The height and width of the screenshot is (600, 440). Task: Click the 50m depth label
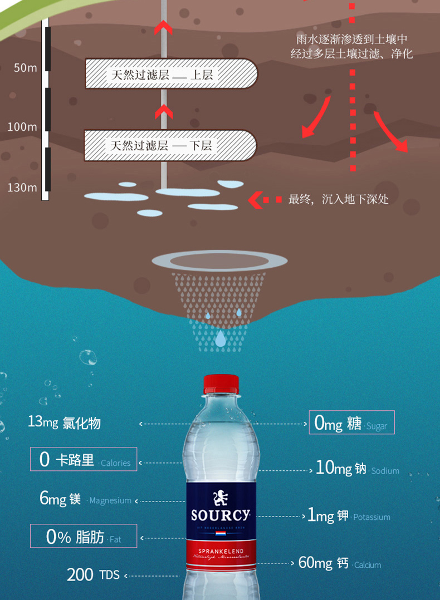tap(25, 68)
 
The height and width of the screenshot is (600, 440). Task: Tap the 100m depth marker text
tap(22, 127)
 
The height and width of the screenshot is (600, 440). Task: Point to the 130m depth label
tap(22, 188)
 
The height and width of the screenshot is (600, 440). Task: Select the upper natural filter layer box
tap(170, 74)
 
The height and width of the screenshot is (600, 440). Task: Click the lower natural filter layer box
tap(170, 145)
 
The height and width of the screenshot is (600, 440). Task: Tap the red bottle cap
tap(221, 384)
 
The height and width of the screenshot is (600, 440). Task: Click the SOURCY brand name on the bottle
tap(221, 514)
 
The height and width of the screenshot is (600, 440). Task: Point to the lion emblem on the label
tap(221, 496)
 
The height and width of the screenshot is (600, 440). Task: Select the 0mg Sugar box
tap(351, 423)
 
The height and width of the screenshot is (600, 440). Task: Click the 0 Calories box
tap(84, 460)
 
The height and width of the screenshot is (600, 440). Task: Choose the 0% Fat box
tap(84, 537)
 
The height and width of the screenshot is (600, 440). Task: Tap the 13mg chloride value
tap(43, 422)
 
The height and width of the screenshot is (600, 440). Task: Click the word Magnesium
tap(110, 500)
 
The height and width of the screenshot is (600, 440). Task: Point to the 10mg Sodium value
tap(334, 468)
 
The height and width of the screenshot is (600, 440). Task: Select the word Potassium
tap(371, 517)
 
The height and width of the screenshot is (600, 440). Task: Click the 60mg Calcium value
tap(315, 563)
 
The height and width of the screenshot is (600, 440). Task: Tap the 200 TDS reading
tap(93, 574)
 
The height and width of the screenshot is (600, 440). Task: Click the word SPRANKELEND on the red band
tap(221, 551)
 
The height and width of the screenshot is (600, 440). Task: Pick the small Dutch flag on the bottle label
tap(221, 534)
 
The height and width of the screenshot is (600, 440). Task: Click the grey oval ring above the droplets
tap(219, 260)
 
